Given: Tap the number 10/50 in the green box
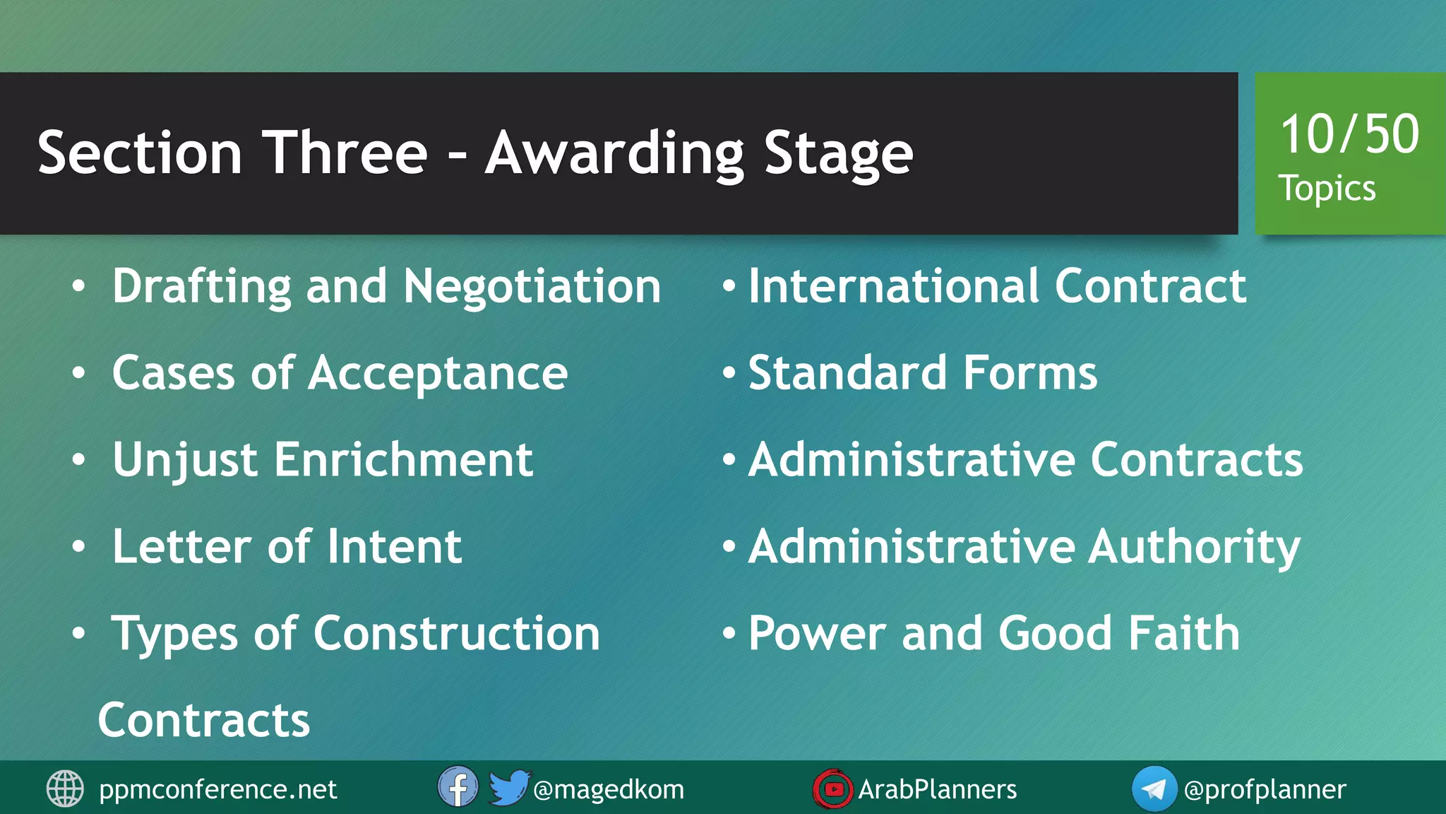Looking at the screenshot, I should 1349,134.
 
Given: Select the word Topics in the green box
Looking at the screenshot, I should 1327,189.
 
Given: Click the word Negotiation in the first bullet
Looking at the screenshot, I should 532,286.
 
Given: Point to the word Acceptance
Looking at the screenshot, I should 438,373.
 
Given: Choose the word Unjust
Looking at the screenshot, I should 185,460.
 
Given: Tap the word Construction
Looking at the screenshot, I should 456,633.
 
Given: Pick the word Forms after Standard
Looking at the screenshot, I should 1030,373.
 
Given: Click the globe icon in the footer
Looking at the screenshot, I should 65,789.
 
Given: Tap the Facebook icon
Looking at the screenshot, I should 458,787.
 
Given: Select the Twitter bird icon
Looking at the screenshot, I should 508,787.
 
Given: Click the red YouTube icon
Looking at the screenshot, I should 833,789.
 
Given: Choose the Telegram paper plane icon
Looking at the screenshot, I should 1154,789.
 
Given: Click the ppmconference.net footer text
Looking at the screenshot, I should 217,789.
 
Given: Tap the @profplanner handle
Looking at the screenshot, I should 1265,789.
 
